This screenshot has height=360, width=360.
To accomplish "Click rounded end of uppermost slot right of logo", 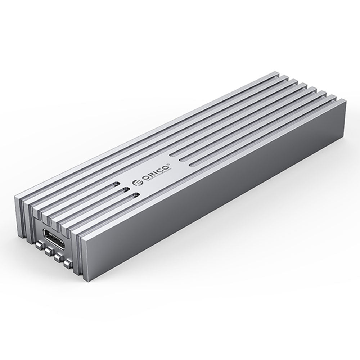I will pos(172,154).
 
